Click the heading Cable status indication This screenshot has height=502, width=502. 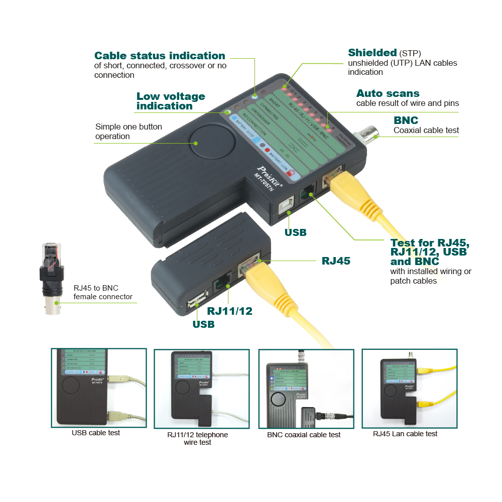click(x=160, y=56)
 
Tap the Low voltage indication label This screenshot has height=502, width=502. click(x=171, y=101)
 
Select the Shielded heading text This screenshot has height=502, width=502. click(x=372, y=53)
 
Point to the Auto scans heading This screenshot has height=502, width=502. click(x=388, y=93)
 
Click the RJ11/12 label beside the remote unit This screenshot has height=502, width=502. click(x=229, y=311)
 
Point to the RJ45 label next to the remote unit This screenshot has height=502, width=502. click(x=336, y=261)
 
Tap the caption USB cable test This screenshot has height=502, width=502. click(x=96, y=433)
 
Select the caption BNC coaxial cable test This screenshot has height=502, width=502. click(x=304, y=435)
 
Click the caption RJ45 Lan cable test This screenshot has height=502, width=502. click(x=405, y=434)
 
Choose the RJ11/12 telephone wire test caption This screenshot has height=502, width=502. click(x=197, y=438)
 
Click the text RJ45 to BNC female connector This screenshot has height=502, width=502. click(x=103, y=292)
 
